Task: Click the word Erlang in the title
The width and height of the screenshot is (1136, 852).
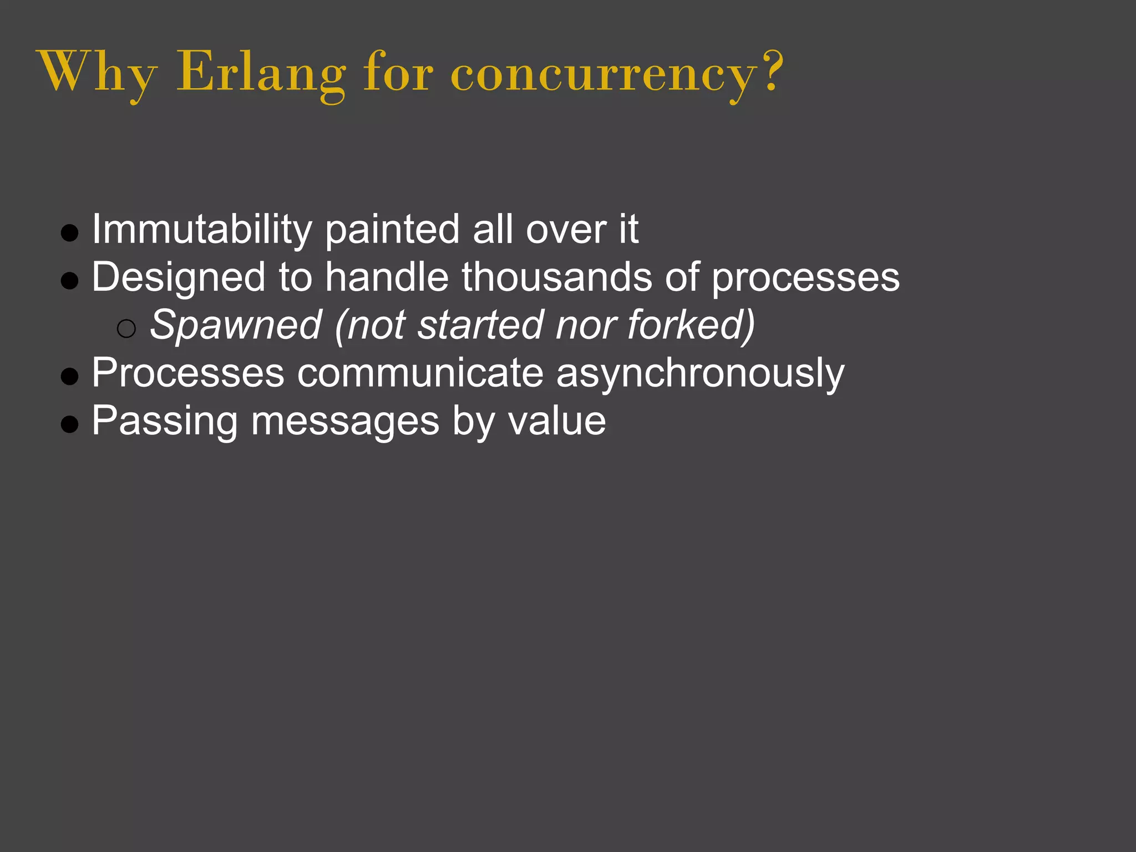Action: pyautogui.click(x=261, y=73)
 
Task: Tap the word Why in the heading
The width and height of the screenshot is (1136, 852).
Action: pyautogui.click(x=98, y=73)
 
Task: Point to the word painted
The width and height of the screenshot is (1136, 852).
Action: pyautogui.click(x=392, y=229)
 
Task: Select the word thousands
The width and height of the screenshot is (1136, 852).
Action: pyautogui.click(x=556, y=277)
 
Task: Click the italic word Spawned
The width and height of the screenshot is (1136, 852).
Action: pyautogui.click(x=236, y=325)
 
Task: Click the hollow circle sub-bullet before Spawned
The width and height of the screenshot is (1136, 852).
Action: pyautogui.click(x=126, y=329)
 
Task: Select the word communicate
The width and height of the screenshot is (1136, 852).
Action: pyautogui.click(x=420, y=373)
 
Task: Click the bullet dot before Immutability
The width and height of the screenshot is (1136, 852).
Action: pyautogui.click(x=70, y=233)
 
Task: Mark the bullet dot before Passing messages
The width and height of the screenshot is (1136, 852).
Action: pyautogui.click(x=70, y=424)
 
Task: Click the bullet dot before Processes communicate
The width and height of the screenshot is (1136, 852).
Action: pyautogui.click(x=70, y=377)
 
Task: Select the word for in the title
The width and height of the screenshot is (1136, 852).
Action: pyautogui.click(x=398, y=73)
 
